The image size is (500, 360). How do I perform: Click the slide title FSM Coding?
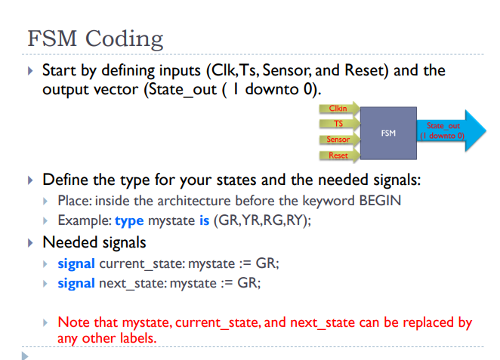pyautogui.click(x=94, y=38)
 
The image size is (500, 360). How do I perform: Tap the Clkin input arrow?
pyautogui.click(x=338, y=109)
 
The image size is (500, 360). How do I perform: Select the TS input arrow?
pyautogui.click(x=338, y=124)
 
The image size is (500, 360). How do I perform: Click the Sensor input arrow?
pyautogui.click(x=338, y=140)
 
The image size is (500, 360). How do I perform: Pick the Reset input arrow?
pyautogui.click(x=338, y=155)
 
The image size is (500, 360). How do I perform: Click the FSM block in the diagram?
pyautogui.click(x=388, y=134)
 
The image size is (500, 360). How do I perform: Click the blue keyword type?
pyautogui.click(x=128, y=220)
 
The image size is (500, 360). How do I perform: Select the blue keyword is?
pyautogui.click(x=204, y=220)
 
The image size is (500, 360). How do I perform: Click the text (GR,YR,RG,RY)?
pyautogui.click(x=263, y=220)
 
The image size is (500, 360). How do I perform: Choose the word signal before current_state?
pyautogui.click(x=76, y=263)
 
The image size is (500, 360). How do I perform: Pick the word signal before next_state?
pyautogui.click(x=76, y=283)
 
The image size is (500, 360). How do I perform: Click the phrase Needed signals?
pyautogui.click(x=94, y=242)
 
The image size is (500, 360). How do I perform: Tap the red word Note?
pyautogui.click(x=73, y=322)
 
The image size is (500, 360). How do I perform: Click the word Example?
pyautogui.click(x=83, y=220)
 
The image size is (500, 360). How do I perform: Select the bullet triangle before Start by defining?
pyautogui.click(x=30, y=71)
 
